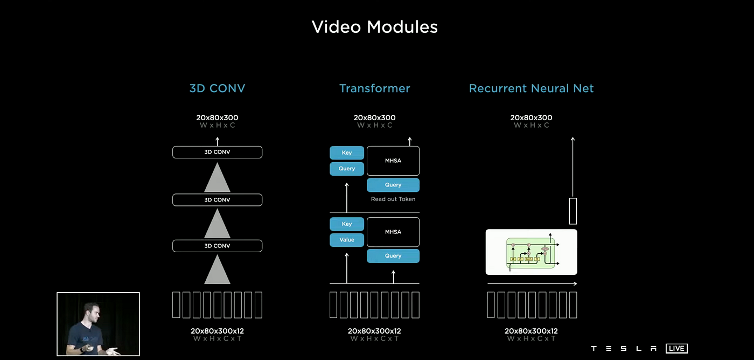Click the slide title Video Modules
[x=375, y=27]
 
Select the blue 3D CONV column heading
[x=217, y=88]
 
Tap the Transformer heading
[x=374, y=88]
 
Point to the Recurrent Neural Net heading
[x=531, y=88]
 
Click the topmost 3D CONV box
[x=217, y=152]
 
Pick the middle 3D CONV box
[x=217, y=200]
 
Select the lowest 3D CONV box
[x=217, y=246]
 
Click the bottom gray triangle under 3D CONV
[x=217, y=271]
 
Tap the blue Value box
[x=347, y=240]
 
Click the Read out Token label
[x=393, y=199]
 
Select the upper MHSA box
[x=393, y=161]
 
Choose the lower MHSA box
[x=393, y=232]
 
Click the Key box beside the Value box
[x=347, y=224]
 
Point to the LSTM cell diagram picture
[x=531, y=252]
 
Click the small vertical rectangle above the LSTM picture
[x=573, y=211]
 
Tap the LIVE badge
[x=676, y=349]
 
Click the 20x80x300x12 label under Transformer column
[x=374, y=331]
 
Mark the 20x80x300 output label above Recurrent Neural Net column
[x=531, y=117]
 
